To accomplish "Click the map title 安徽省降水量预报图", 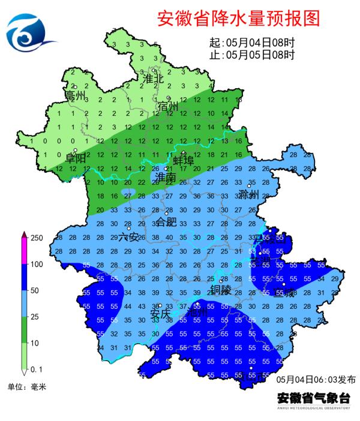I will coord(238,19).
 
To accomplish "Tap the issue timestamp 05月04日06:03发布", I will coord(316,380).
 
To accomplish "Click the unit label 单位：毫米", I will coord(26,386).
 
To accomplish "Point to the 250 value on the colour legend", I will coord(37,238).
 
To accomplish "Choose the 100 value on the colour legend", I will coord(37,264).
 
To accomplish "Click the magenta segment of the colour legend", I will coord(23,251).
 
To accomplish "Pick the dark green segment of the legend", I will coord(23,330).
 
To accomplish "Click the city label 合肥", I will coord(167,222).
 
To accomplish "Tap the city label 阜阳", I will coord(76,158).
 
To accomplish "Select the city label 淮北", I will coord(153,79).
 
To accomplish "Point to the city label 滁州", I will coord(248,194).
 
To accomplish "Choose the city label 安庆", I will coord(160,314).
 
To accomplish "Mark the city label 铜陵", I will coord(220,290).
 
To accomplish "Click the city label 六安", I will coord(128,236).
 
